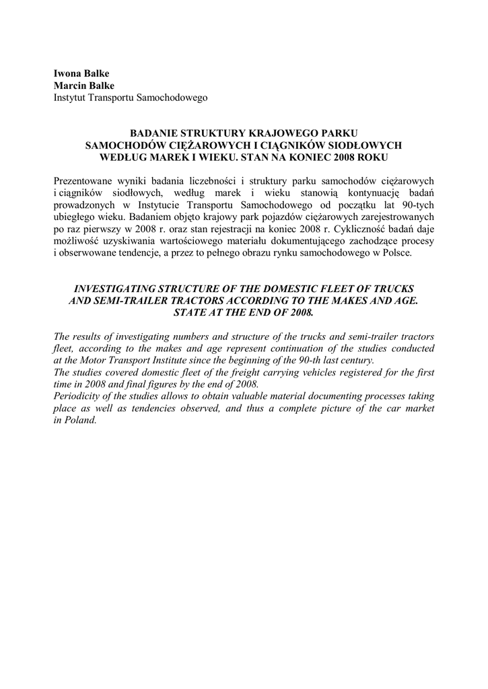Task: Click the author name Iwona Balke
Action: coord(82,73)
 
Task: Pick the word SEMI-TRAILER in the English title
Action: coord(128,301)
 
